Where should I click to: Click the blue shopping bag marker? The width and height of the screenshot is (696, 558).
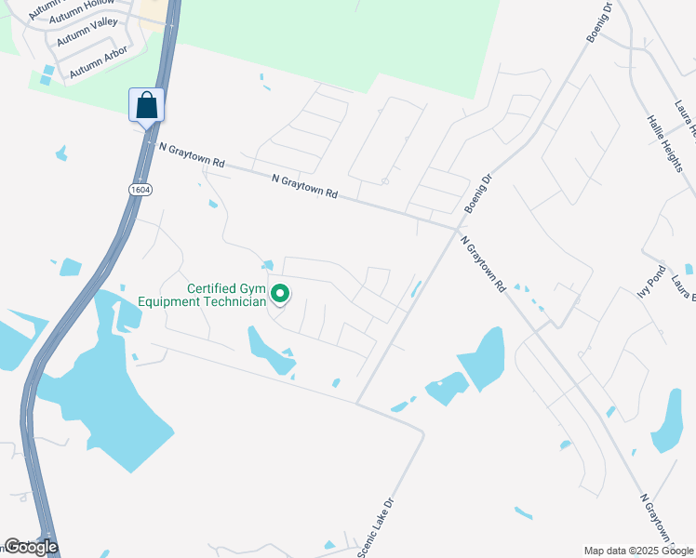(147, 104)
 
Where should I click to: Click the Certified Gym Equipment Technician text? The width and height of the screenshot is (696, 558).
(201, 295)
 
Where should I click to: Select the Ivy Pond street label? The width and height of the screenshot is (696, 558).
(651, 280)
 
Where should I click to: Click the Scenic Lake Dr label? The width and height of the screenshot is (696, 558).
(378, 526)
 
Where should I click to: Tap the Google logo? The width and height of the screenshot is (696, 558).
(31, 547)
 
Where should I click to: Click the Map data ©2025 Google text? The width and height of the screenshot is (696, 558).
(637, 551)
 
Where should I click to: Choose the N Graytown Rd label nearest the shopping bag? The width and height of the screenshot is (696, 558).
(192, 154)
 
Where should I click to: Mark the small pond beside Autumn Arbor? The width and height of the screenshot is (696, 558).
(47, 70)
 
